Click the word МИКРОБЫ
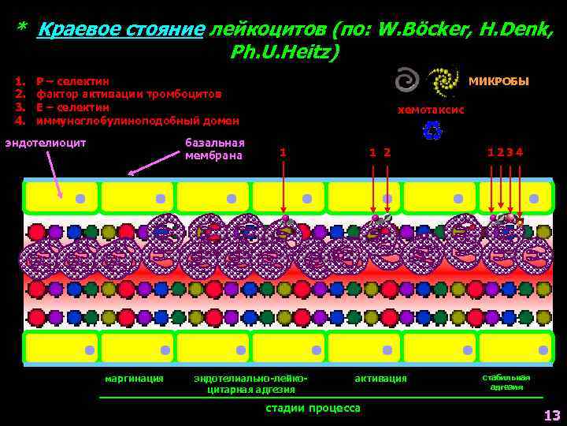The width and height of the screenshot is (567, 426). [x=498, y=82]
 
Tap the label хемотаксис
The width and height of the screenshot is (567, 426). [x=431, y=110]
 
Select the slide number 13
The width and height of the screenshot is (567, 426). [x=551, y=416]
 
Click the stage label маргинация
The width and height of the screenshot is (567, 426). [x=134, y=379]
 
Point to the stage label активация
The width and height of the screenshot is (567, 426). [x=380, y=379]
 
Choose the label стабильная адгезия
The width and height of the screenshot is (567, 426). [x=506, y=382]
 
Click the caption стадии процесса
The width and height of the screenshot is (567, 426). [x=313, y=408]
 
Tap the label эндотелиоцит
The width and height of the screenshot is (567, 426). [x=45, y=143]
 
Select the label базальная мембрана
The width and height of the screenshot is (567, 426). [x=214, y=149]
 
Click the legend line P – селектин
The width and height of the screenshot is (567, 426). [x=74, y=81]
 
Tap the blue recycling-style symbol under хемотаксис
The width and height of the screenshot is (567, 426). [x=432, y=131]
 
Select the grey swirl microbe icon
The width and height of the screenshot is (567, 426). [x=407, y=80]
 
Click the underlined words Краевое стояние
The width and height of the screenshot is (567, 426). [x=120, y=30]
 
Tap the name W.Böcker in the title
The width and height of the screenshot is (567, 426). [x=417, y=30]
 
